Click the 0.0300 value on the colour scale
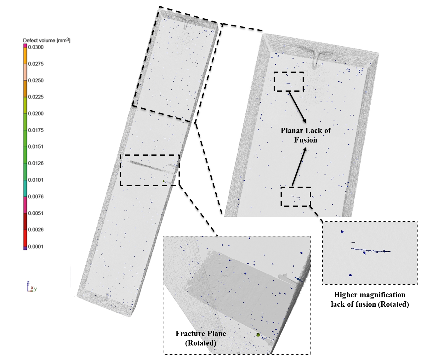tap(36, 47)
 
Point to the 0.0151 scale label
tap(36, 147)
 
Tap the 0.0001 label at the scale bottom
tap(36, 247)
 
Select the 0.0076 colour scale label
tap(36, 197)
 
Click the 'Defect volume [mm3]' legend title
tap(47, 40)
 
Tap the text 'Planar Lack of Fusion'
tap(306, 135)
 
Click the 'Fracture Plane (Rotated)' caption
tap(201, 338)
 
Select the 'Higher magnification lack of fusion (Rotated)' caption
tap(370, 299)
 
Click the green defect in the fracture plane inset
tap(258, 335)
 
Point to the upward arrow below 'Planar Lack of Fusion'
tap(299, 166)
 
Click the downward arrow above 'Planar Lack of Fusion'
tap(297, 107)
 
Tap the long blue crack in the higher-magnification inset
tap(371, 250)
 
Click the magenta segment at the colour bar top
tap(25, 46)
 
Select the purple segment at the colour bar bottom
tap(25, 248)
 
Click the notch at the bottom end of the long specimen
tap(105, 298)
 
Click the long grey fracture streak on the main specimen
tap(152, 167)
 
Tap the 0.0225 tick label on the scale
tap(36, 97)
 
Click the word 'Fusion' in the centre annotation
tap(306, 140)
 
